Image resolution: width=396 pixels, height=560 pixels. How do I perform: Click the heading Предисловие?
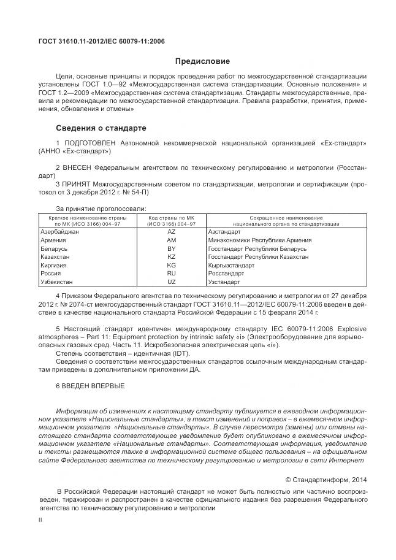202,61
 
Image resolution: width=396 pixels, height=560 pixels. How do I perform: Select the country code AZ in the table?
172,232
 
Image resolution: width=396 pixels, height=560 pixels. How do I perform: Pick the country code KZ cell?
172,257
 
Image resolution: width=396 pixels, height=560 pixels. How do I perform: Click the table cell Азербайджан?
59,232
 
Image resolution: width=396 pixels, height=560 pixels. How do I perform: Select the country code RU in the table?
172,274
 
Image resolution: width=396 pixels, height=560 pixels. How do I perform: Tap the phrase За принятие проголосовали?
101,209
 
